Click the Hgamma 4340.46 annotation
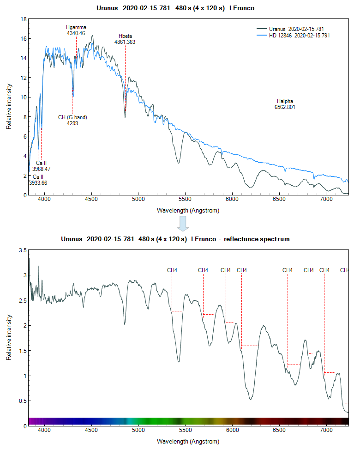click(76, 30)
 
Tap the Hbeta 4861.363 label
click(125, 39)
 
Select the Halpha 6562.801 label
click(285, 104)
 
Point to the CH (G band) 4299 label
click(72, 120)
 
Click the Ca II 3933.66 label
click(38, 180)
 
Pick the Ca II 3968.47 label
click(41, 166)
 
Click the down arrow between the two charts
click(183, 224)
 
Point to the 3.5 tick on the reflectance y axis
click(22, 250)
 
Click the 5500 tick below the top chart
click(185, 199)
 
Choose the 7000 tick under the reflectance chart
click(326, 430)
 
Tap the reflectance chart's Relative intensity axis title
click(9, 337)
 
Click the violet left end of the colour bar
click(31, 421)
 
